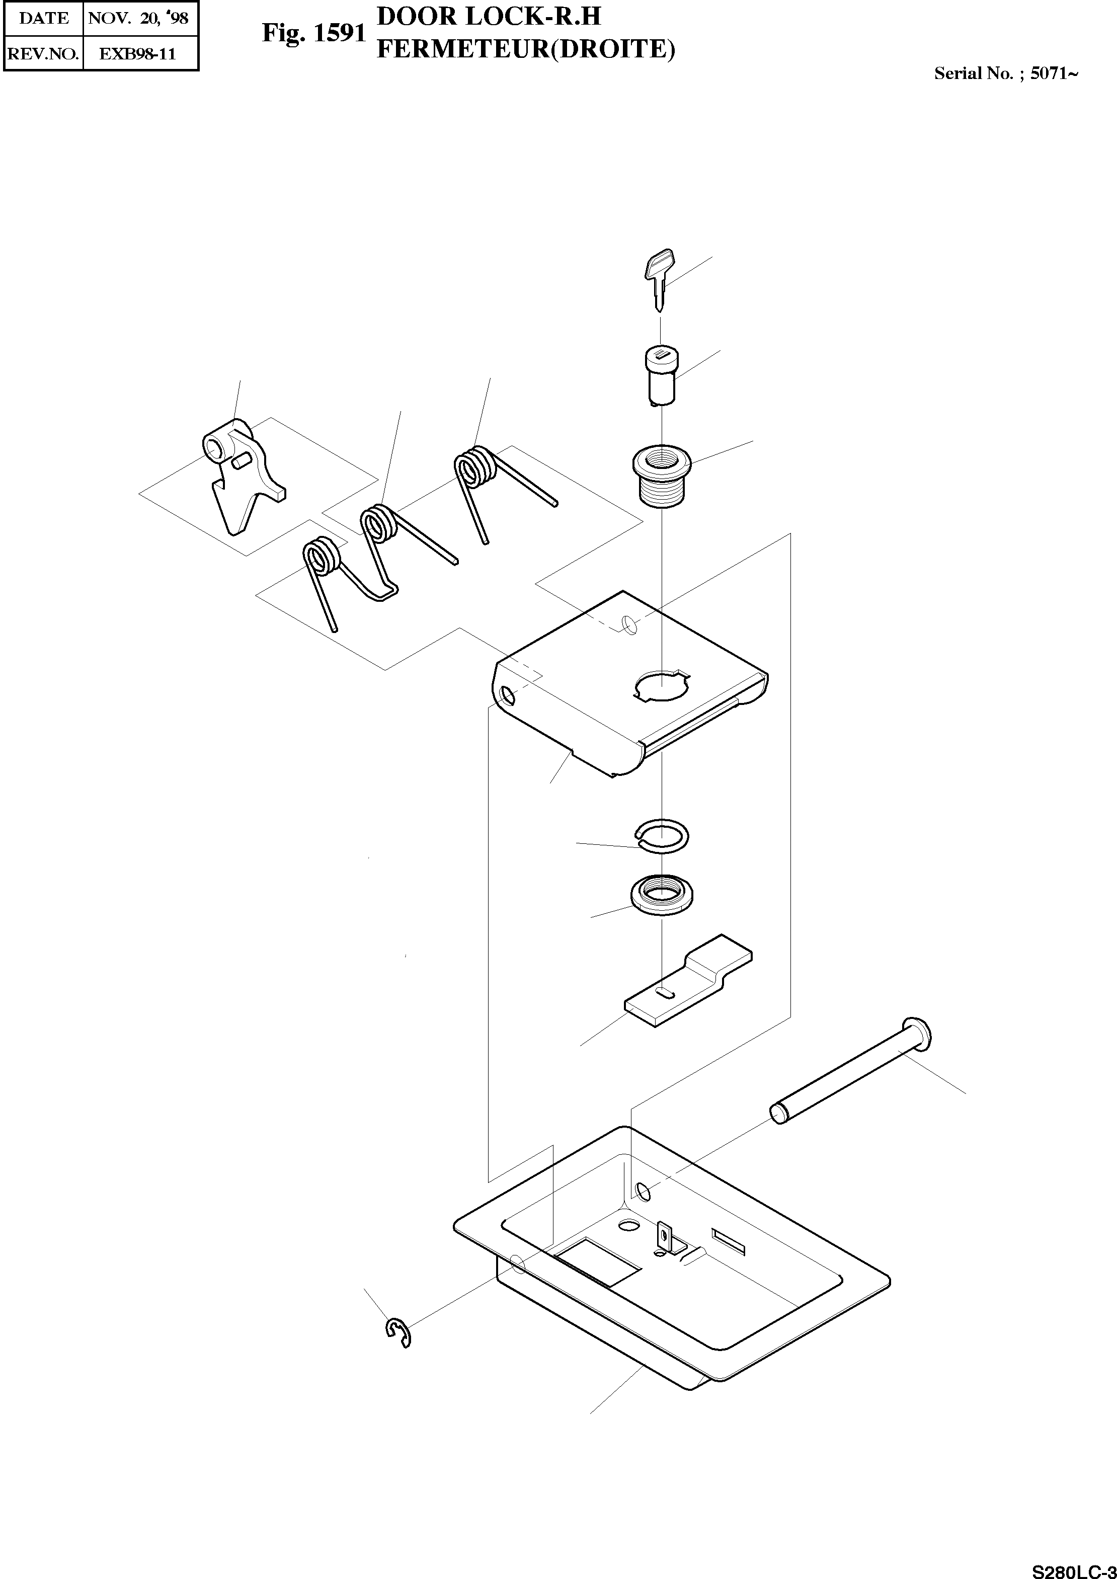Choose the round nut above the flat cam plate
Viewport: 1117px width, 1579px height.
[x=662, y=895]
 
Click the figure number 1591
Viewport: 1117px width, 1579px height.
[x=339, y=33]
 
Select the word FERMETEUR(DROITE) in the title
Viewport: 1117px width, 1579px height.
[x=526, y=49]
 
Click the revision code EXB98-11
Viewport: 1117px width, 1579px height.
[x=137, y=54]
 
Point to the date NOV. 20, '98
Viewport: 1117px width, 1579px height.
[x=138, y=19]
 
